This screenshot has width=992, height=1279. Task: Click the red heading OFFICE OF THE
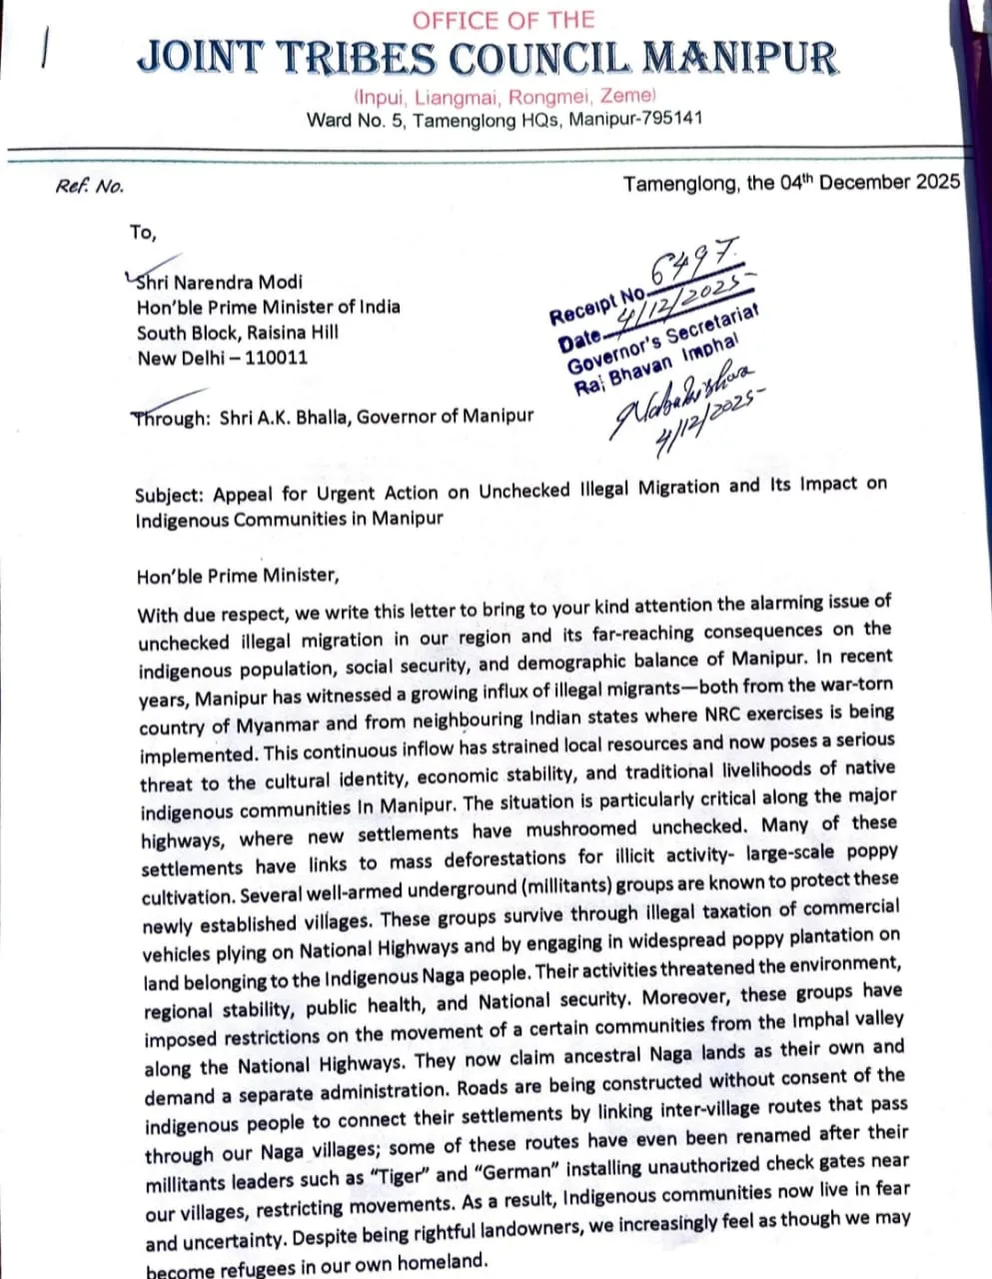pyautogui.click(x=502, y=20)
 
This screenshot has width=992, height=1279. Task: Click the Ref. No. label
pyautogui.click(x=90, y=187)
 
